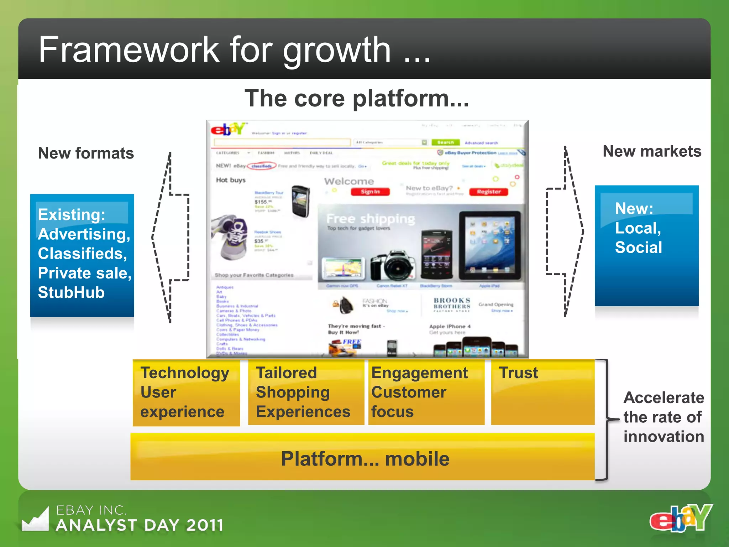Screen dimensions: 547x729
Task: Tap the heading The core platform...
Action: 357,98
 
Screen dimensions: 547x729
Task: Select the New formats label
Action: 86,153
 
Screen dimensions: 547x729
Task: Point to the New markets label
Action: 652,151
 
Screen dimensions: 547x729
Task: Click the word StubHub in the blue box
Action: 71,292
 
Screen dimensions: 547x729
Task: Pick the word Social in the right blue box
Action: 638,247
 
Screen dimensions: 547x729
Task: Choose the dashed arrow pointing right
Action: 565,231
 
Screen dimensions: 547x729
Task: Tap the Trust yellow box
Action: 542,392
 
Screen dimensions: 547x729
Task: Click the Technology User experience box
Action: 186,392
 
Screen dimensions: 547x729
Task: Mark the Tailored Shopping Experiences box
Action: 305,392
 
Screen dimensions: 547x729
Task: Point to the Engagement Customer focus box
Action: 426,392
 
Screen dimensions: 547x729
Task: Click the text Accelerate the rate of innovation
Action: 664,417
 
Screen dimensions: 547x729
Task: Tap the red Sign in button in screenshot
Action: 370,192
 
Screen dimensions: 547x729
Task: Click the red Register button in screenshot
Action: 488,192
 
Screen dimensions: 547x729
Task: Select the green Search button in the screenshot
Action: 445,142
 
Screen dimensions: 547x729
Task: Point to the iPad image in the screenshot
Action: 490,246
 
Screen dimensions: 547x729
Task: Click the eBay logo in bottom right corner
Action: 681,518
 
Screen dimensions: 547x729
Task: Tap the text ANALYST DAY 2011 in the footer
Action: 140,525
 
